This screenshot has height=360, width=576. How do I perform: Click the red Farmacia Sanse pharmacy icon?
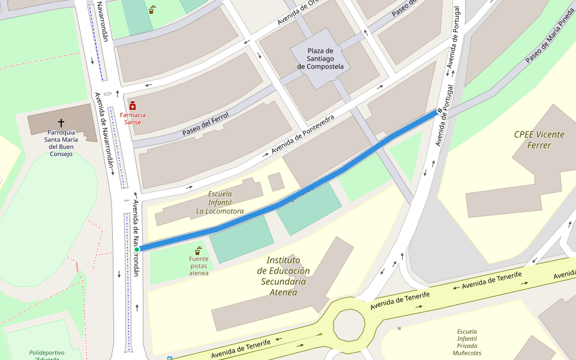pyautogui.click(x=133, y=106)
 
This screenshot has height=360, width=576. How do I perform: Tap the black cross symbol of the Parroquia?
pyautogui.click(x=61, y=122)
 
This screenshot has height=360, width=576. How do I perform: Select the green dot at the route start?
pyautogui.click(x=137, y=249)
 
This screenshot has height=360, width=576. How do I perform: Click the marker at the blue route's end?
pyautogui.click(x=439, y=110)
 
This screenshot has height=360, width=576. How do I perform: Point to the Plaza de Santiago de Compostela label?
pyautogui.click(x=320, y=59)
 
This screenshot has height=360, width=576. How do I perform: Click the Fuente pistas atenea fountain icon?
pyautogui.click(x=197, y=251)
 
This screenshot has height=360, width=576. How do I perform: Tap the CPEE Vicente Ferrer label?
pyautogui.click(x=539, y=139)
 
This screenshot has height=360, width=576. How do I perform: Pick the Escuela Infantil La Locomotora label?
pyautogui.click(x=220, y=202)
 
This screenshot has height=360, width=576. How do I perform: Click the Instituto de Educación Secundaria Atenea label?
pyautogui.click(x=283, y=275)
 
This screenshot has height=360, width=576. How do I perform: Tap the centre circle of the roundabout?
pyautogui.click(x=349, y=325)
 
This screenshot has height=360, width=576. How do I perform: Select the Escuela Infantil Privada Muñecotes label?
pyautogui.click(x=467, y=342)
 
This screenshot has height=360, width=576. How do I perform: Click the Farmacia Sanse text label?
pyautogui.click(x=133, y=118)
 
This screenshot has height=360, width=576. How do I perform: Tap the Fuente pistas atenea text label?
pyautogui.click(x=199, y=266)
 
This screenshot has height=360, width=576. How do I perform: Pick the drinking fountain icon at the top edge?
pyautogui.click(x=152, y=10)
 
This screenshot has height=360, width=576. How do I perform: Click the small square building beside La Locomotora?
pyautogui.click(x=276, y=182)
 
